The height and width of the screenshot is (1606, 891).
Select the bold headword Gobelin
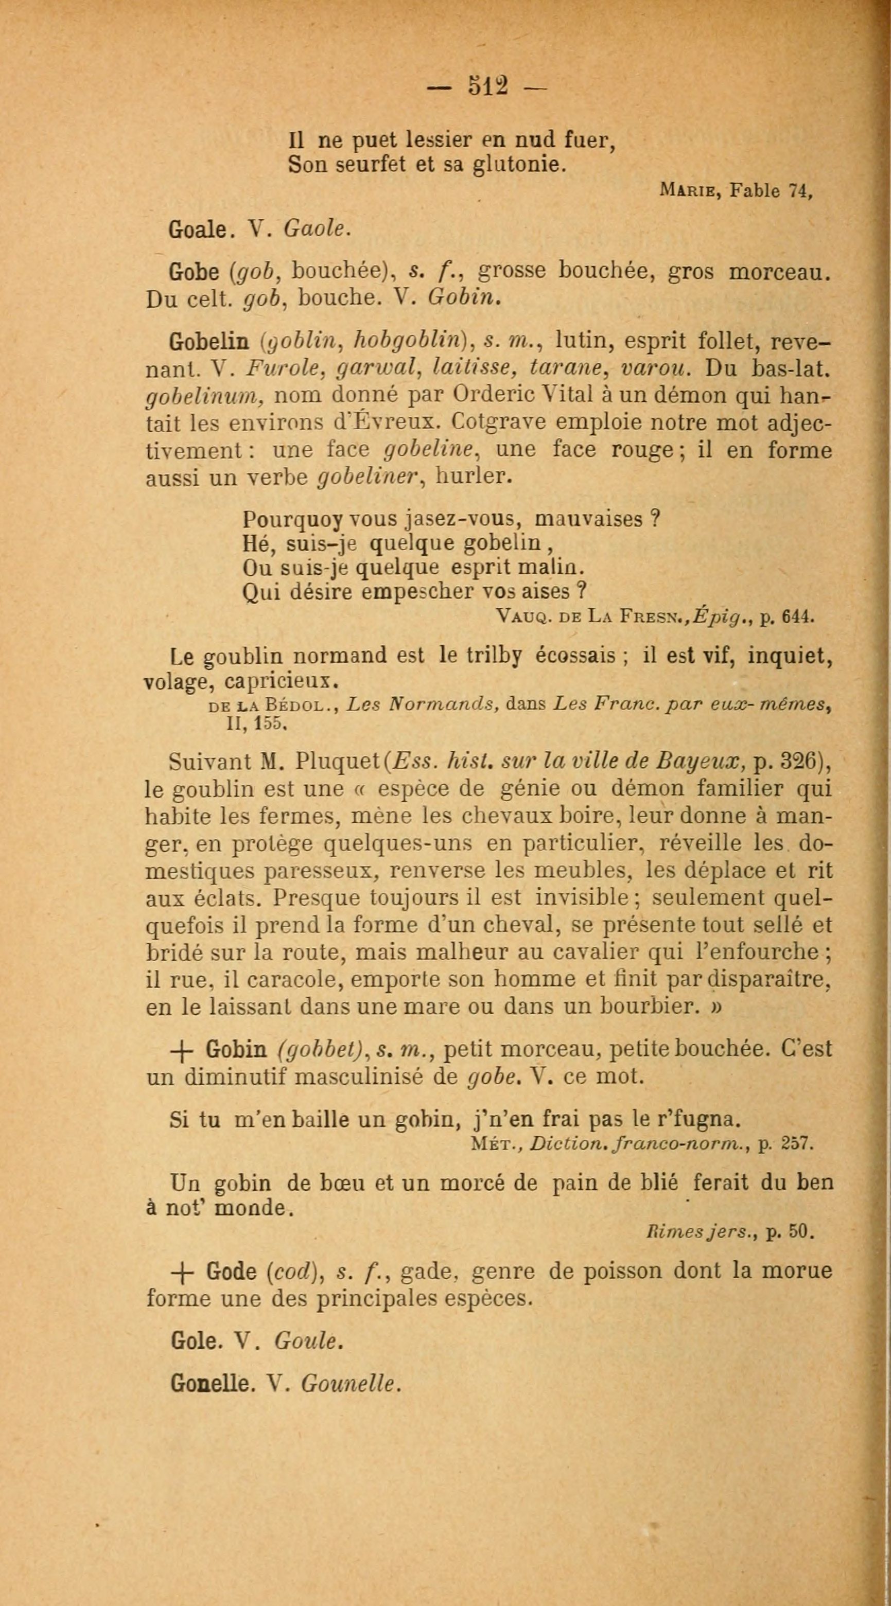[x=209, y=342]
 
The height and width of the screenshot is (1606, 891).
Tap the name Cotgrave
[x=496, y=422]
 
